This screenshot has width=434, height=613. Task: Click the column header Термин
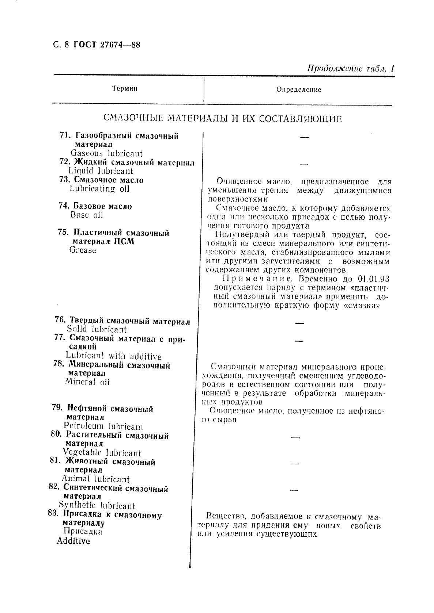pos(125,89)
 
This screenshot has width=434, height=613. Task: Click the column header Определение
pos(298,89)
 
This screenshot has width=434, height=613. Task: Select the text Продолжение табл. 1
pos(351,69)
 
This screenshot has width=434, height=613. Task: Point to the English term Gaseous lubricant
pos(106,154)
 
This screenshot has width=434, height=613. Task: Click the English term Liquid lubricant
pos(101,171)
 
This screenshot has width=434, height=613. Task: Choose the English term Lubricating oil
pos(99,189)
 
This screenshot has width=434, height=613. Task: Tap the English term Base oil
pos(87,215)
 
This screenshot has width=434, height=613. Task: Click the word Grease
pos(83,250)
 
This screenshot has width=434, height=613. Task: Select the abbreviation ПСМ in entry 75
pos(125,242)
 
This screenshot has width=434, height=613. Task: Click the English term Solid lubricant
pos(97,329)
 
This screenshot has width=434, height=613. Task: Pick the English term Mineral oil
pos(87,382)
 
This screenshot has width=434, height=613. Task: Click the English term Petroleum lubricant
pos(103,426)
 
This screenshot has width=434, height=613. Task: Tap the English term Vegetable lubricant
pos(102,453)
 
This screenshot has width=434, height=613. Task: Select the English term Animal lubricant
pos(95,479)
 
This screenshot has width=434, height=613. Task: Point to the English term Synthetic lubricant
pos(97,506)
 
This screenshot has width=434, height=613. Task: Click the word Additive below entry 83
pos(73,541)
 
